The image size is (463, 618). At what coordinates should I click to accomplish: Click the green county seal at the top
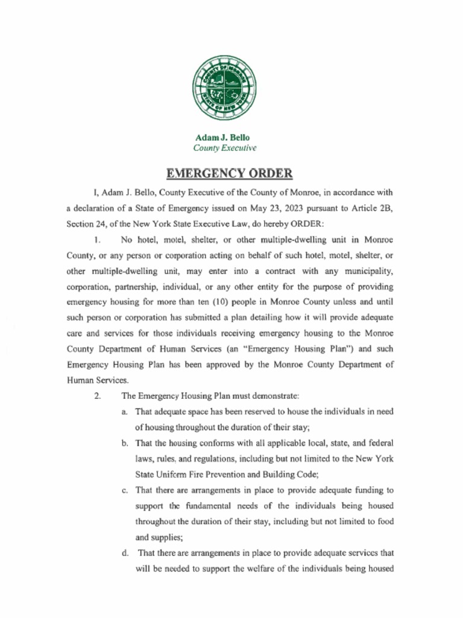[223, 88]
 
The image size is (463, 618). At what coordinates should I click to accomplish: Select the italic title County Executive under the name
[224, 148]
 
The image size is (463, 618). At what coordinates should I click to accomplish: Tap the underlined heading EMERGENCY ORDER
[229, 174]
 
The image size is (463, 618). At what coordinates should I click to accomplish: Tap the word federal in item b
[380, 443]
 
